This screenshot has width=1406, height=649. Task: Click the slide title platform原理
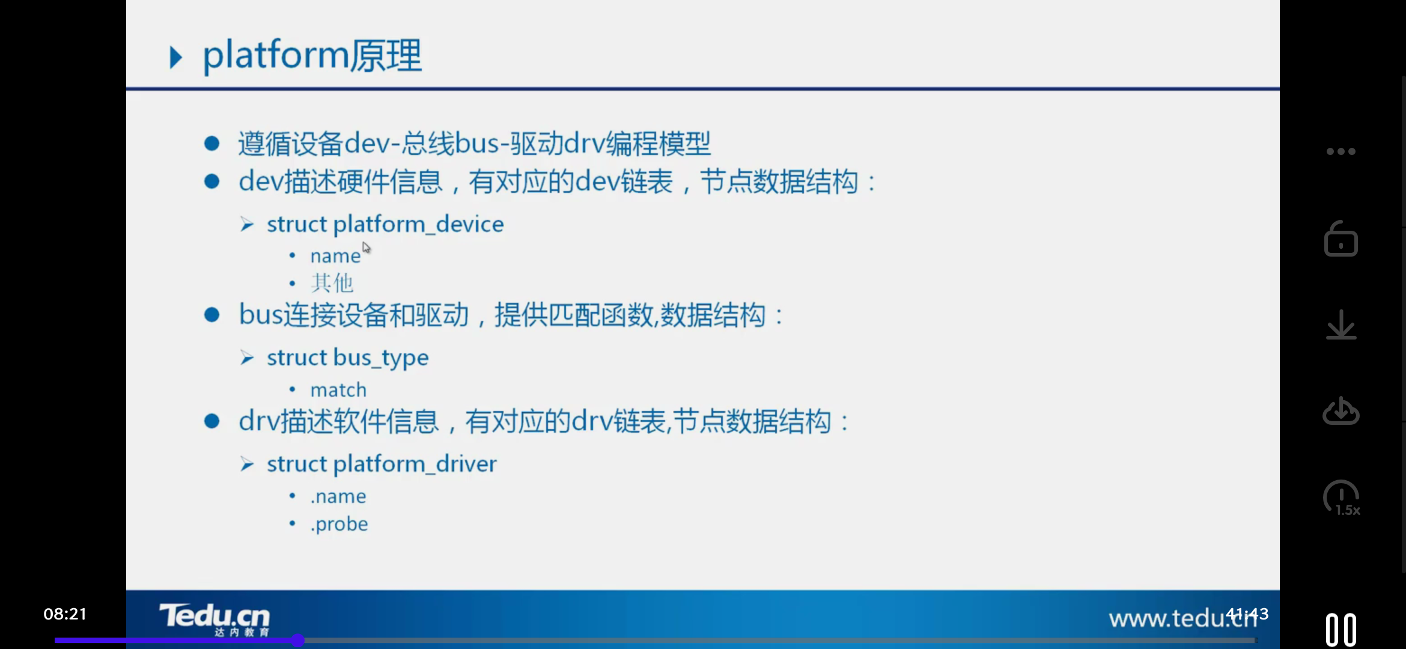[312, 56]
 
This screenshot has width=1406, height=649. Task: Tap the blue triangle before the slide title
[175, 58]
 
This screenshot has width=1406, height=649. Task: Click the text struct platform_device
[385, 224]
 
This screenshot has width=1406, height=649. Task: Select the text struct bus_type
[347, 358]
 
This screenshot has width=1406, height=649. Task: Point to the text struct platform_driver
[382, 464]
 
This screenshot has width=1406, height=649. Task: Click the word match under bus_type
[338, 390]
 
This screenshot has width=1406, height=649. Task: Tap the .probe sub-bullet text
[339, 524]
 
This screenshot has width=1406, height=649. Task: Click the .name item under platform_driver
[338, 496]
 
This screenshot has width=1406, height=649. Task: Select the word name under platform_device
[335, 257]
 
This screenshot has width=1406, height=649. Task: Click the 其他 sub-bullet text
[332, 283]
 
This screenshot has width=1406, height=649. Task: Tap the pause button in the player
[1341, 630]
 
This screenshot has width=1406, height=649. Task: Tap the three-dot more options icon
[1341, 151]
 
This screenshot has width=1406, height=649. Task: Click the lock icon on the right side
[1341, 239]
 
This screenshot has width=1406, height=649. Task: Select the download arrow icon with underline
[1341, 325]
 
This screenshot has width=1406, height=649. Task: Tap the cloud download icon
[1341, 412]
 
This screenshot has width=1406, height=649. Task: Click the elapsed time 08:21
[65, 614]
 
